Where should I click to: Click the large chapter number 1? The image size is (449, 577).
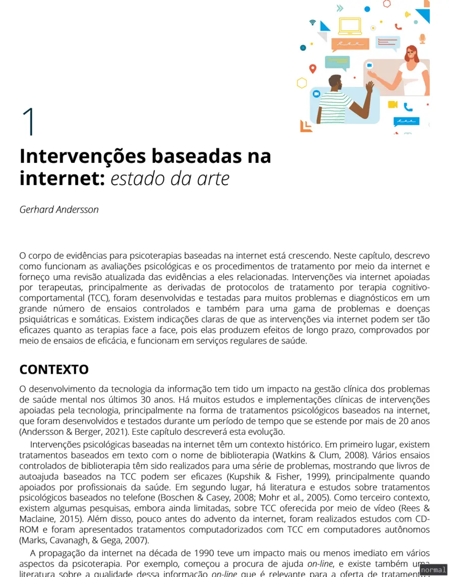click(29, 122)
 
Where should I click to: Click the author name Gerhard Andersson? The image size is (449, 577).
click(59, 209)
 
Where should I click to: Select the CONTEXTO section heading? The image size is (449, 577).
click(54, 369)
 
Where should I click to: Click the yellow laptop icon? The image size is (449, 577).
click(350, 26)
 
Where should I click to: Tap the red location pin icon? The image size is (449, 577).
click(313, 69)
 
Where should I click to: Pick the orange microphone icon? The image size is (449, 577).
click(422, 38)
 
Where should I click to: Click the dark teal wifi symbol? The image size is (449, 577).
click(313, 22)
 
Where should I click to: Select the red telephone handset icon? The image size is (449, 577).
click(399, 27)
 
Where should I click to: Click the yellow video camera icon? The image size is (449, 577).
click(392, 104)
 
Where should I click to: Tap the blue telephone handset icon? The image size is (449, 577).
click(408, 107)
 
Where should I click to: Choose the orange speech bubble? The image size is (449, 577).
click(347, 44)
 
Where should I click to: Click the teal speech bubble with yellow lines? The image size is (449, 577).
click(337, 62)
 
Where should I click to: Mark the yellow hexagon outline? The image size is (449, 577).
click(302, 83)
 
